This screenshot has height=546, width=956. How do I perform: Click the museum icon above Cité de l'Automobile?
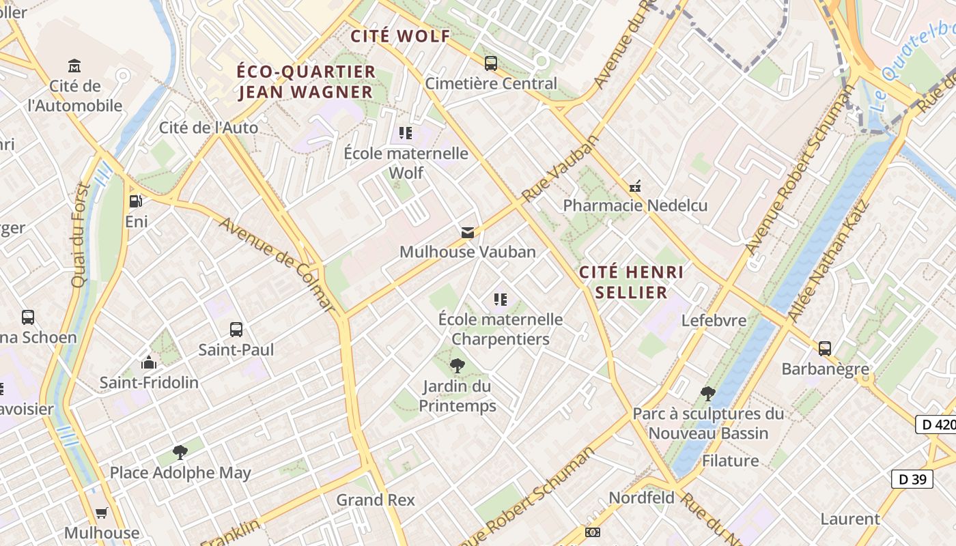tap(74, 66)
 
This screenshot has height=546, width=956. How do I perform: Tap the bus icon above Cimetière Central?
tap(490, 63)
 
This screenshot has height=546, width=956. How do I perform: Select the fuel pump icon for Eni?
tap(136, 201)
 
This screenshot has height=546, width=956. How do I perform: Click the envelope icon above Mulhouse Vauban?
tap(468, 233)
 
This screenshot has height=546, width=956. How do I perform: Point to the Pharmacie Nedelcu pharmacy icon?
tap(635, 186)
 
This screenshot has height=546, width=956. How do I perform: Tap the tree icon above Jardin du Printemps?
tap(457, 366)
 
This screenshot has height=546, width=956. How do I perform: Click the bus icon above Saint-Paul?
tap(236, 330)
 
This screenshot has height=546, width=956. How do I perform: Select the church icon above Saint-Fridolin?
tap(149, 362)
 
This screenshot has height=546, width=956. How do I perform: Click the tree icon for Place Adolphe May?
tap(180, 452)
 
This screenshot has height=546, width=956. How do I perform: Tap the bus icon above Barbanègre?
tap(825, 349)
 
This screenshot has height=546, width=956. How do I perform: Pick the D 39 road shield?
tap(912, 479)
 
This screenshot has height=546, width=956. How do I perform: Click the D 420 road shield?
tap(936, 424)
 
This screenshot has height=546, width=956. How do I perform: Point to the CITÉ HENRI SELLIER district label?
tap(631, 282)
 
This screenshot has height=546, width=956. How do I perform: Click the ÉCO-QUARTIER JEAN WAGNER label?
tap(306, 81)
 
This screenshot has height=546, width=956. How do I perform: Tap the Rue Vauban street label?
tap(560, 168)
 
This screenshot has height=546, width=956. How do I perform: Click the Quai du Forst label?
tap(80, 235)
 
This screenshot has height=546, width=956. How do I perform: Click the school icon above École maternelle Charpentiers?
tap(501, 300)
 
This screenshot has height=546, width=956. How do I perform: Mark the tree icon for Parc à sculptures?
tap(708, 394)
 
